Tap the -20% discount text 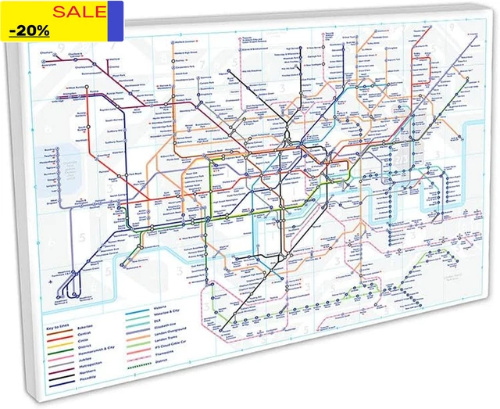tap(30, 31)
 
